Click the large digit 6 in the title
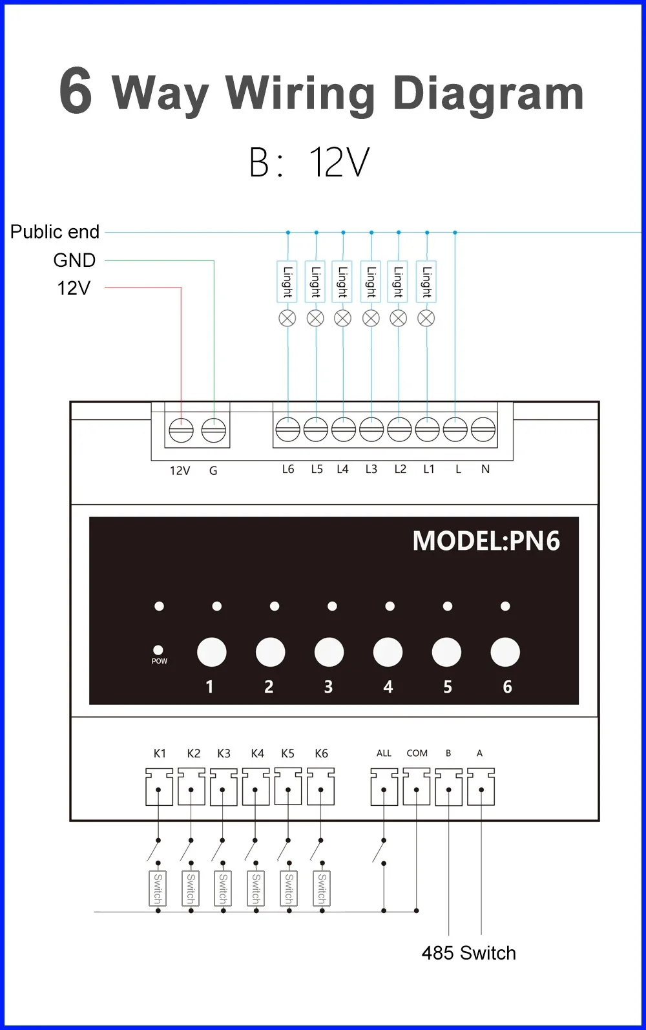[x=76, y=91]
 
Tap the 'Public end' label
[x=55, y=232]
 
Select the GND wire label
[x=74, y=260]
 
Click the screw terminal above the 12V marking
[x=181, y=430]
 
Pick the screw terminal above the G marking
[x=213, y=430]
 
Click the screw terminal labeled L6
[x=287, y=429]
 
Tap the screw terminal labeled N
[x=483, y=429]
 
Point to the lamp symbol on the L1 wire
[x=426, y=318]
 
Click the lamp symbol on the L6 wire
[x=287, y=318]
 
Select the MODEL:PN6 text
[x=486, y=541]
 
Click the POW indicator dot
[x=158, y=650]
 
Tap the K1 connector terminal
[x=159, y=787]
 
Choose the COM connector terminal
[x=417, y=787]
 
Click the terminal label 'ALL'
[x=384, y=753]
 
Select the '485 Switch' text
[x=468, y=953]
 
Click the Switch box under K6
[x=322, y=888]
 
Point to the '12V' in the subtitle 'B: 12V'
[x=339, y=162]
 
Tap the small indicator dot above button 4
[x=390, y=606]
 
